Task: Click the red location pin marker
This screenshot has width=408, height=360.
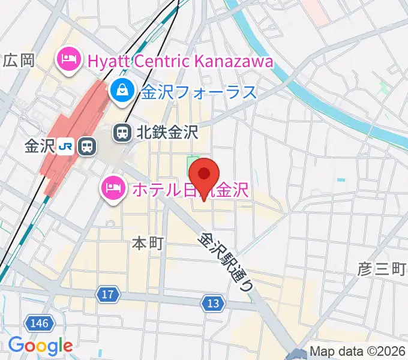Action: coord(205,175)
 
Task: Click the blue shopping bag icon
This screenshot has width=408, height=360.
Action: coord(122,91)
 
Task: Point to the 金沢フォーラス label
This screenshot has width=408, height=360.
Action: coord(199,92)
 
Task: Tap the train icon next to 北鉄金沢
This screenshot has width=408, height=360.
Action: coord(123,132)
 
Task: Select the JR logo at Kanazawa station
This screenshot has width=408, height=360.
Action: coord(69,145)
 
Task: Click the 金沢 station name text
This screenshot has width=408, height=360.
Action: coord(40,145)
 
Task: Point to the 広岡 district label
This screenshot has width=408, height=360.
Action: coord(20,60)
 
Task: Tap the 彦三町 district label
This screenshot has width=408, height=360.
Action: coord(382,268)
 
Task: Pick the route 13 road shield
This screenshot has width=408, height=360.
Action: coord(212,304)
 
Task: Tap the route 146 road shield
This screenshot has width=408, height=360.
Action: coord(38,324)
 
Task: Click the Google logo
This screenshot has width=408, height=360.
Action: coord(40,346)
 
